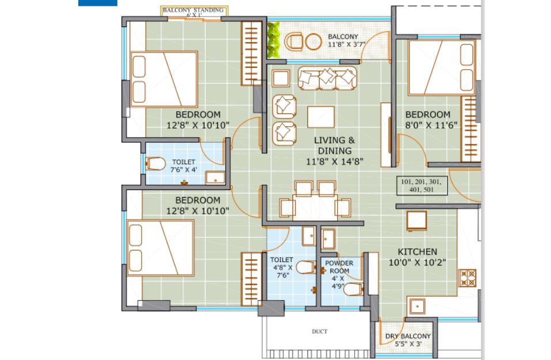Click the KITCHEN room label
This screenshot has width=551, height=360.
tap(417, 252)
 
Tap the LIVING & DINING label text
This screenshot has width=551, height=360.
tap(334, 145)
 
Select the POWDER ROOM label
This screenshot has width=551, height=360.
tap(340, 267)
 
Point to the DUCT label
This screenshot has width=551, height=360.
tap(320, 331)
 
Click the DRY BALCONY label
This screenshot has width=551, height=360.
tap(408, 336)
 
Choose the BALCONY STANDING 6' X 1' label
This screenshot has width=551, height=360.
tap(193, 12)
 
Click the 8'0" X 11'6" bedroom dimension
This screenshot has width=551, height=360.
tap(431, 125)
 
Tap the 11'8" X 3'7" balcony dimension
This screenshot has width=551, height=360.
tap(347, 45)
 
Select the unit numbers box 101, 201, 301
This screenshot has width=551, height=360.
tap(421, 185)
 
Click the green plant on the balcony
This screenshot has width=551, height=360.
tap(273, 40)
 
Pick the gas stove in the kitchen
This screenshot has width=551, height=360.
tap(468, 278)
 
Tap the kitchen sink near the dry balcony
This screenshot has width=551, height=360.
tap(417, 306)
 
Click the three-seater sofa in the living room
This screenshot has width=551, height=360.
tap(327, 78)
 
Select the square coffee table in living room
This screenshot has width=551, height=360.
tap(321, 117)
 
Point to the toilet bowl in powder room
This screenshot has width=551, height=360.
tap(353, 290)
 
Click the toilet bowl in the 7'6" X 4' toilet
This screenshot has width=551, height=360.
tap(155, 164)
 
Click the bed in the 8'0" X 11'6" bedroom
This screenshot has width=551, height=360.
tap(442, 68)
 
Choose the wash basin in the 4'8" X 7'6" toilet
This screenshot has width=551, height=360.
tap(309, 236)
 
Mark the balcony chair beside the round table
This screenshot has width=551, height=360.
tap(294, 41)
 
